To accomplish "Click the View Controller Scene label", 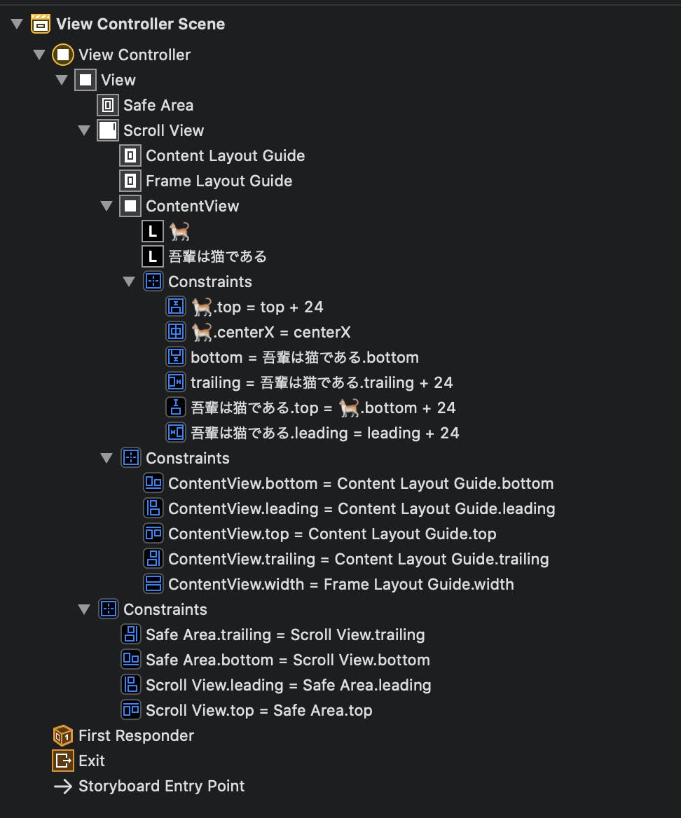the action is pyautogui.click(x=140, y=24).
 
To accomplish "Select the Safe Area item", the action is pyautogui.click(x=158, y=105).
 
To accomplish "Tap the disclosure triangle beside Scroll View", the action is pyautogui.click(x=84, y=130).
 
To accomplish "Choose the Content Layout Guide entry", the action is pyautogui.click(x=225, y=155).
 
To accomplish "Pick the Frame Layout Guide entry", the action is pyautogui.click(x=219, y=181).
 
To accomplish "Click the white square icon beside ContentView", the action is pyautogui.click(x=130, y=206).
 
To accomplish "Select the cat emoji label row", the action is pyautogui.click(x=179, y=231).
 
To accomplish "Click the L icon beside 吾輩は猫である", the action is pyautogui.click(x=152, y=256).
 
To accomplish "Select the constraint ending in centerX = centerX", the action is pyautogui.click(x=271, y=332).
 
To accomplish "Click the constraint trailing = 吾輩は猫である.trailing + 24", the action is pyautogui.click(x=322, y=382).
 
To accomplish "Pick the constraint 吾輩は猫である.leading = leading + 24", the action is pyautogui.click(x=324, y=433).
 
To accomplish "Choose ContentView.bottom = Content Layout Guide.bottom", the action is pyautogui.click(x=361, y=484).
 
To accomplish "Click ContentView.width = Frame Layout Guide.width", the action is pyautogui.click(x=340, y=584).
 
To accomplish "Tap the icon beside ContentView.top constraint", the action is pyautogui.click(x=153, y=534).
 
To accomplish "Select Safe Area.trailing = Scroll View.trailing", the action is pyautogui.click(x=285, y=635).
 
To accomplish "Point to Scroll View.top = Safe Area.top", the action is pyautogui.click(x=259, y=711).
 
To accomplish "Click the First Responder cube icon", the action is pyautogui.click(x=63, y=735).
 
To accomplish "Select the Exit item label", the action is pyautogui.click(x=92, y=761).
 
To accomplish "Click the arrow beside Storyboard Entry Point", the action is pyautogui.click(x=63, y=786).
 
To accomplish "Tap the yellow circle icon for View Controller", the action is pyautogui.click(x=62, y=55).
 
